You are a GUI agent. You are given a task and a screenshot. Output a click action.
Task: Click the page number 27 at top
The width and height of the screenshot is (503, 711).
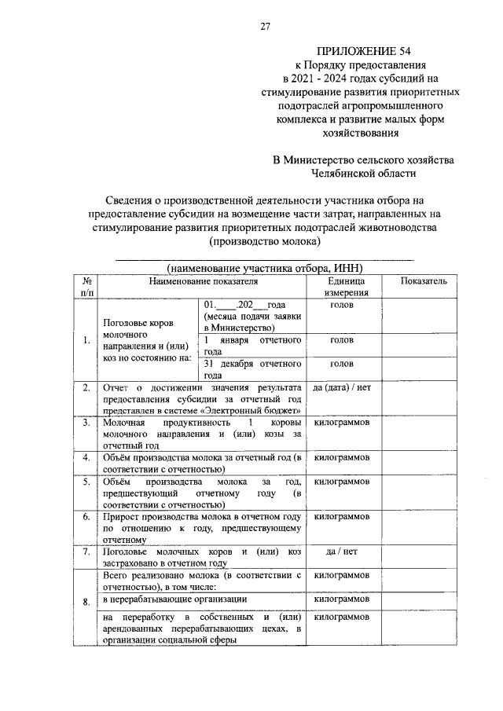point(265,26)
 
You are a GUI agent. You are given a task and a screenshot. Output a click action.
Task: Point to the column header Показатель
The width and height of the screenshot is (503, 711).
point(423,280)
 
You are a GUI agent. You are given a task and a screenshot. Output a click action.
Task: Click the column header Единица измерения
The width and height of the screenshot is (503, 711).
point(343,286)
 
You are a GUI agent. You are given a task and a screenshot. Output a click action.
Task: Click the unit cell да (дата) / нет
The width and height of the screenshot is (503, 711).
point(342,387)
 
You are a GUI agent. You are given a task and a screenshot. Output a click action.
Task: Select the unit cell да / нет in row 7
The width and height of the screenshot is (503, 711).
point(342,552)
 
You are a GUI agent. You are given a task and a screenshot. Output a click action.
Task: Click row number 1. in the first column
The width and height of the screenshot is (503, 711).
point(85,340)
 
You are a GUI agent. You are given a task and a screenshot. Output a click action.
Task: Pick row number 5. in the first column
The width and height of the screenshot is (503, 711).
point(85,481)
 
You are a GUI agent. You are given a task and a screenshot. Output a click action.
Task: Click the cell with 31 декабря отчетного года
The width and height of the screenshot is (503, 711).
point(252,369)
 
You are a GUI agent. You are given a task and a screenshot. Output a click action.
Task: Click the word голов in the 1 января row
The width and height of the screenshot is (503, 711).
point(342,340)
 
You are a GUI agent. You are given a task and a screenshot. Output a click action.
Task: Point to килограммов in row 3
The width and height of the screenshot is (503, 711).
point(342,423)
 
